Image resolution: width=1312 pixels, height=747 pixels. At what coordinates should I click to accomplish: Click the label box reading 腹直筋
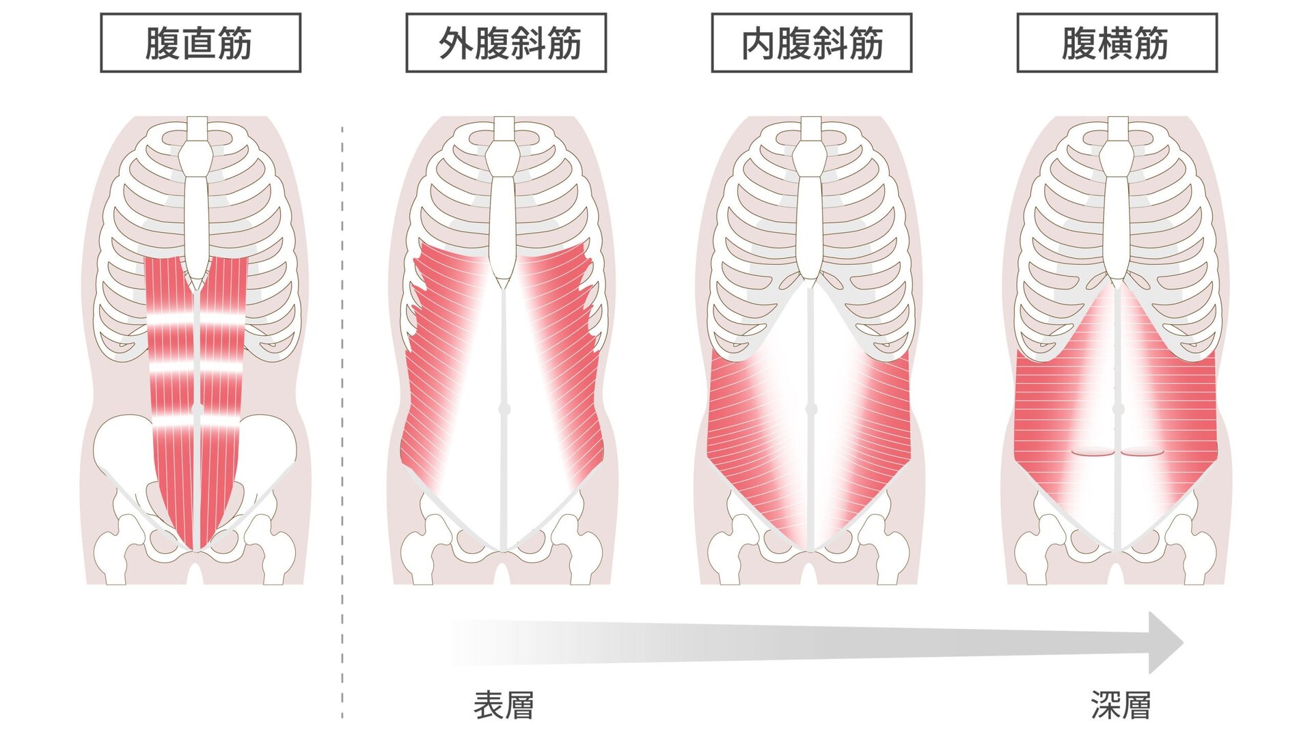pos(200,43)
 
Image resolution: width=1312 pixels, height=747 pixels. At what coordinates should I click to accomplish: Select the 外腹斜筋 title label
pos(506,43)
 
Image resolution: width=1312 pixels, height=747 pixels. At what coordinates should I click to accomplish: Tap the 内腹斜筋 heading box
pos(811,43)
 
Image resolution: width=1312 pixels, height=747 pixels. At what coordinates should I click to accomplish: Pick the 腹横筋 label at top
pos(1117,43)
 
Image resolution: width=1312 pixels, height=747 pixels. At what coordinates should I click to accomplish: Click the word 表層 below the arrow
pos(504,705)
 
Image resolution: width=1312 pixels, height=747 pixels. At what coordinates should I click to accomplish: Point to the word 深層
pos(1121,705)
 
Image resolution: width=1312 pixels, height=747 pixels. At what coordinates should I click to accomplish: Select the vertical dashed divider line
pos(342,423)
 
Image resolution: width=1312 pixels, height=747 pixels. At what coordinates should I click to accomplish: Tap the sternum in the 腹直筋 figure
pos(196,219)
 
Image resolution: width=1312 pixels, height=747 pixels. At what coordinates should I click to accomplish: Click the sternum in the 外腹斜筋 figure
pos(504,219)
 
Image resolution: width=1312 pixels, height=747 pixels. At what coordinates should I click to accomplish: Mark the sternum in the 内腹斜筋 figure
pos(810,219)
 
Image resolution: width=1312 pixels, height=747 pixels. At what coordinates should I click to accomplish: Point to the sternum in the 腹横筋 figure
pos(1118,219)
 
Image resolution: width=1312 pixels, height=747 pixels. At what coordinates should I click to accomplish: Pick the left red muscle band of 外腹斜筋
pos(437,355)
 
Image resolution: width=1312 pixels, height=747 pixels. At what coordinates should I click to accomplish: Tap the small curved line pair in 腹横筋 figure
pos(1117,451)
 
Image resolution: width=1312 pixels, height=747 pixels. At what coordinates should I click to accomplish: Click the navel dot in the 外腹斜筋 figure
pos(504,409)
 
